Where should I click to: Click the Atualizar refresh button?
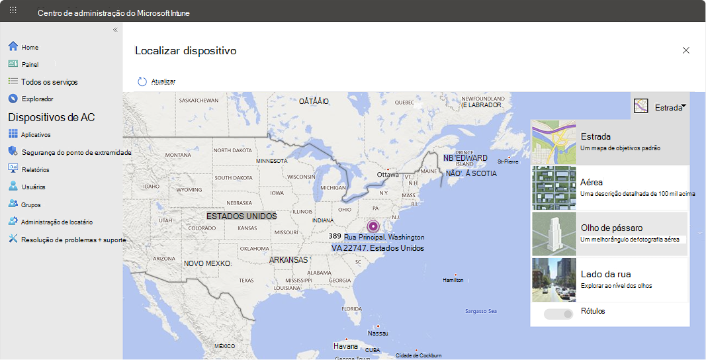pyautogui.click(x=156, y=81)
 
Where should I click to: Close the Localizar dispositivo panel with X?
pyautogui.click(x=686, y=50)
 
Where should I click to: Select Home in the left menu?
pyautogui.click(x=30, y=48)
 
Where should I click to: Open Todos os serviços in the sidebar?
pyautogui.click(x=49, y=82)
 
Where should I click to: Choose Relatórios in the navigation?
pyautogui.click(x=34, y=170)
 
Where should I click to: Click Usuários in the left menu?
pyautogui.click(x=33, y=187)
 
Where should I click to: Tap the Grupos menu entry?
pyautogui.click(x=30, y=205)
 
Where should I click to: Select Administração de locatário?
pyautogui.click(x=56, y=222)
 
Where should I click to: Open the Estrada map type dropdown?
pyautogui.click(x=660, y=107)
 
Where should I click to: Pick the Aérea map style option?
pyautogui.click(x=609, y=187)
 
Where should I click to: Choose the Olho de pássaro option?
pyautogui.click(x=609, y=233)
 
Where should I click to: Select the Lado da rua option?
pyautogui.click(x=609, y=279)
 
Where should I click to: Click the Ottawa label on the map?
pyautogui.click(x=388, y=175)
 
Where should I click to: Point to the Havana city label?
pyautogui.click(x=345, y=346)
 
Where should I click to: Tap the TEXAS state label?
pyautogui.click(x=246, y=281)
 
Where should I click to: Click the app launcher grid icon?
pyautogui.click(x=13, y=11)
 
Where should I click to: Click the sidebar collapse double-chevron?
pyautogui.click(x=115, y=30)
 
